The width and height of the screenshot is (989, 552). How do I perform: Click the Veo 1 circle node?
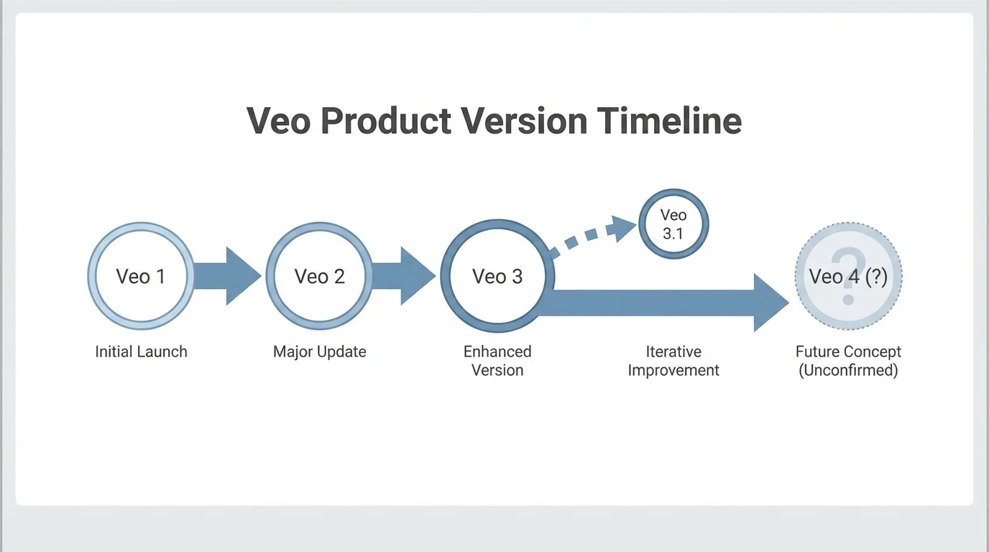tap(141, 277)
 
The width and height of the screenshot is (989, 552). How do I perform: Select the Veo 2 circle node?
tap(319, 277)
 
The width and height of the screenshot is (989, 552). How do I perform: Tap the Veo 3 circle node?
tap(497, 277)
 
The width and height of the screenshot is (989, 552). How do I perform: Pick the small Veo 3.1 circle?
tap(673, 224)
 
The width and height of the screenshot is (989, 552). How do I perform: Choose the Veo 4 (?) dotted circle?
tap(848, 277)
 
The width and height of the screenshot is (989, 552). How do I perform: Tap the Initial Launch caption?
tap(141, 351)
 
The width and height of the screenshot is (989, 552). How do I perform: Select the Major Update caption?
tap(319, 351)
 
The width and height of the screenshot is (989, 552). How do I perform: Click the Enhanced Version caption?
tap(497, 361)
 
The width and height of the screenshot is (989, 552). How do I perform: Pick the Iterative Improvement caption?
tap(673, 361)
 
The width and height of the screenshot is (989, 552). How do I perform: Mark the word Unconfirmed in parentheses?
tap(848, 371)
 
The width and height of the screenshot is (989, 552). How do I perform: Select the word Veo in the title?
tap(279, 121)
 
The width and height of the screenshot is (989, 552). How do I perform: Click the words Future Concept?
tap(848, 351)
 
